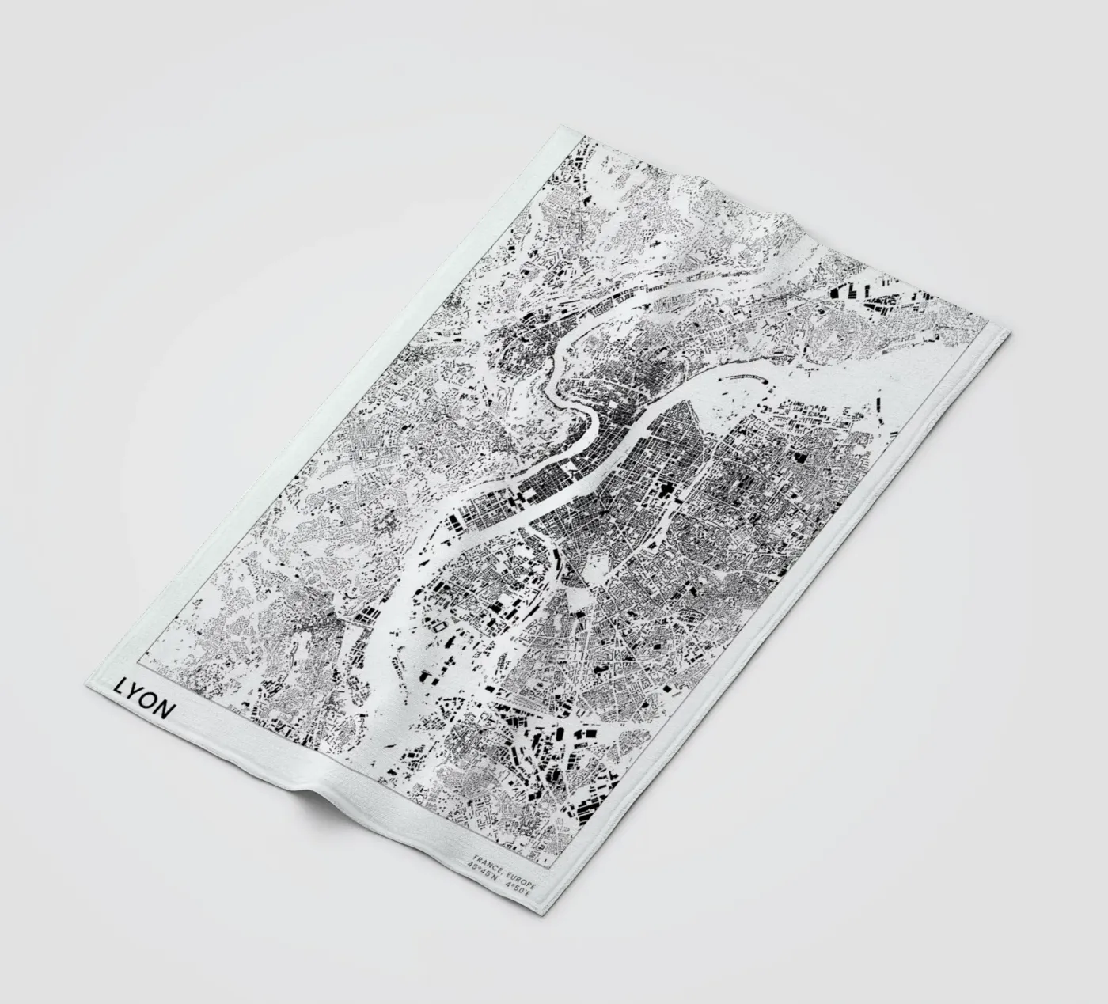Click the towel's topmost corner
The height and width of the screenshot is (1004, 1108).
pos(559,124)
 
